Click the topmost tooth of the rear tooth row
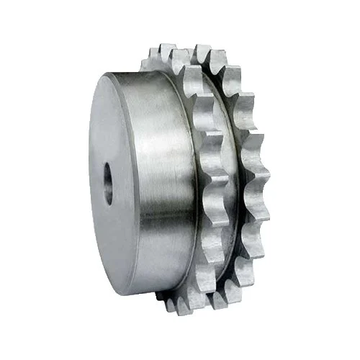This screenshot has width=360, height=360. tap(203, 53)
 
